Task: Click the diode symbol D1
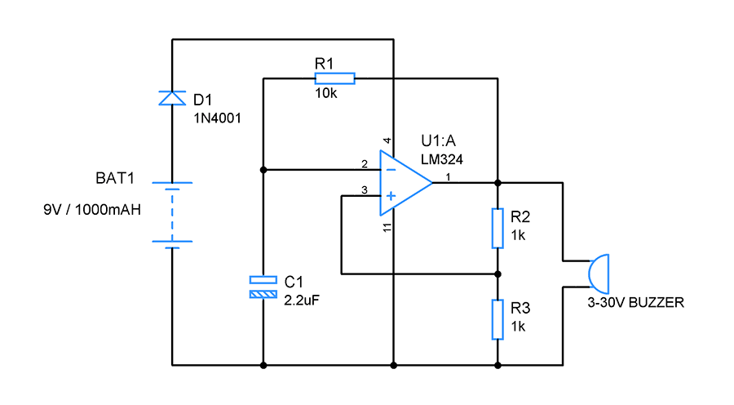[172, 98]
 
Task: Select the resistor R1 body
[334, 78]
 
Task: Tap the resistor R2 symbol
[497, 228]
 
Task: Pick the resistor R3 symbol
[497, 318]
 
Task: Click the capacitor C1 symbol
[263, 287]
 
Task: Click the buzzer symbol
[597, 273]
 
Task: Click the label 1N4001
[217, 118]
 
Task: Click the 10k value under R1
[325, 94]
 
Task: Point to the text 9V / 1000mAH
[92, 209]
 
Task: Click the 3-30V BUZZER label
[636, 302]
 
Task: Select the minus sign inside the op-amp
[391, 170]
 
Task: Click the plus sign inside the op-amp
[391, 196]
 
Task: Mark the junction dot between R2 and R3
[497, 274]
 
